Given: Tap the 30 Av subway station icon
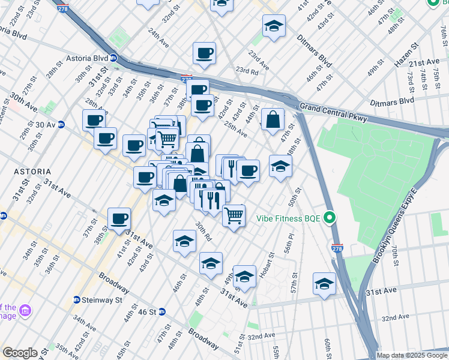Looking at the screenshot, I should [70, 125].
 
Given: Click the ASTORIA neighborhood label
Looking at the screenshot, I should [33, 172].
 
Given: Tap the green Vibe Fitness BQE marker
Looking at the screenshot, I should [330, 218].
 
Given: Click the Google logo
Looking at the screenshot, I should [20, 353].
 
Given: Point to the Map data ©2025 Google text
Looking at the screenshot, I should [412, 355].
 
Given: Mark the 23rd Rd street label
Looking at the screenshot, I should [247, 71].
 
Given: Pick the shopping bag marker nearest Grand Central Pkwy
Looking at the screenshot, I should [273, 119].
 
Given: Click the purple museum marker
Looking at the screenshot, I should [26, 311].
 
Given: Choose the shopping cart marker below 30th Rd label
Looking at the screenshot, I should [234, 215].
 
